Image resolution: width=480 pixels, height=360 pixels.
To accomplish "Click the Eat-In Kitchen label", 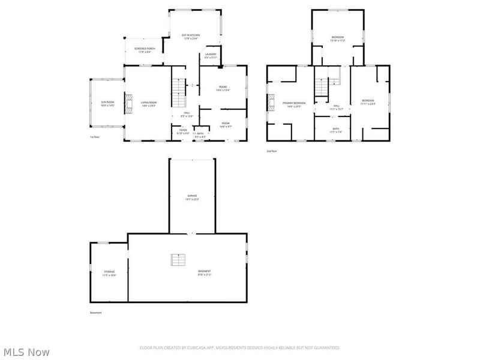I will (191, 35).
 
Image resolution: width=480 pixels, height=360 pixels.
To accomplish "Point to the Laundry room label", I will (210, 55).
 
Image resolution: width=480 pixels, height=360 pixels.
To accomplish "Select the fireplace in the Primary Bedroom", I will (271, 104).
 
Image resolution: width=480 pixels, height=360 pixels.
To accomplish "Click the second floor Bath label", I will (335, 130).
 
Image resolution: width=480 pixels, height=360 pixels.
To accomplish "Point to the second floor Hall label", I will (336, 107).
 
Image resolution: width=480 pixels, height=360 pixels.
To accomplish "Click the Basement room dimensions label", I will (205, 275).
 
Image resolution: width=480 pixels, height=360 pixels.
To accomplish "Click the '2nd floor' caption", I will (272, 151).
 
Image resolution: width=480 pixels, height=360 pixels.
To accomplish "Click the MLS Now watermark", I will (26, 352).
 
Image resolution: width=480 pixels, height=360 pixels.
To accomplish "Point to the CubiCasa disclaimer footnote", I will (240, 347).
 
